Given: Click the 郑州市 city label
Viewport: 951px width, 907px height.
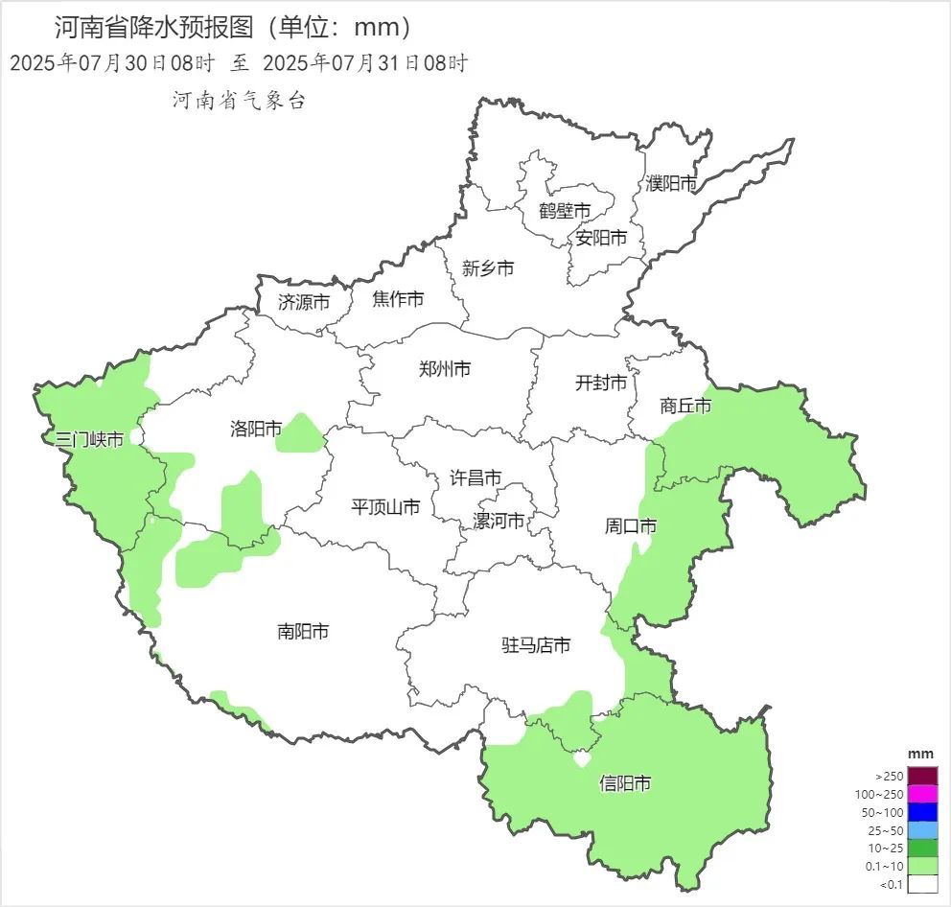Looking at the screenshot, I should click(445, 368).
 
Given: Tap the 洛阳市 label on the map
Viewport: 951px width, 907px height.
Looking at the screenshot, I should click(256, 428).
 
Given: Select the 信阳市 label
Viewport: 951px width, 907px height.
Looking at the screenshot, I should click(625, 783).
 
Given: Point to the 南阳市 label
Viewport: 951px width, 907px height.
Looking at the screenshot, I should click(303, 631).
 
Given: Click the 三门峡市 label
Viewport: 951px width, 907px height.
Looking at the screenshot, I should click(89, 440).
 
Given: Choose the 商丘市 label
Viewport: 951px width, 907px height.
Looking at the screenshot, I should click(685, 406).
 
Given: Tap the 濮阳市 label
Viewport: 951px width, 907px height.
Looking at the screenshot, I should click(671, 182).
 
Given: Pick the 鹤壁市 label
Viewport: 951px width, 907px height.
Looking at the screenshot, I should click(564, 210).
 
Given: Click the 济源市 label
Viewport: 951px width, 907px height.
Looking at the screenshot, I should click(304, 301).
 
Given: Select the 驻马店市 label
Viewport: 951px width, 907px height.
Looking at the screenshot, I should click(536, 645).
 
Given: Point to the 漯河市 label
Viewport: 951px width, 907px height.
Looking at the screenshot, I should click(499, 521).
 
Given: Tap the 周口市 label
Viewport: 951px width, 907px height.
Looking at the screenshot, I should click(631, 525).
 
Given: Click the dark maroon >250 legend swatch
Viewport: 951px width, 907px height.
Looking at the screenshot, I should click(922, 776).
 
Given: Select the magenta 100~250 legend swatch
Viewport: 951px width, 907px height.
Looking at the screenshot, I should click(922, 794).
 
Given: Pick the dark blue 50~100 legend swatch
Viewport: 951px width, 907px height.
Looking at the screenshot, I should click(922, 812).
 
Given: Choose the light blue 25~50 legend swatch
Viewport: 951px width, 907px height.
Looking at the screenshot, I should click(922, 830).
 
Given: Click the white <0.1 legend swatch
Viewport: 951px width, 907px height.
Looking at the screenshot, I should click(922, 884).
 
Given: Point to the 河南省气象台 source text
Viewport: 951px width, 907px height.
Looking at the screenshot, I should click(239, 100).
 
